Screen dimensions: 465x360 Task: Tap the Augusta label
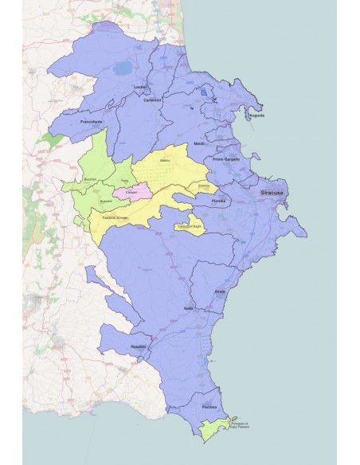coord(256,115)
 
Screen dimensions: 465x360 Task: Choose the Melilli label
coord(200,143)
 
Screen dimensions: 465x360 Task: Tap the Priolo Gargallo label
coord(226,159)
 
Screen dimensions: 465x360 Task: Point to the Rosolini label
coord(140,346)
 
